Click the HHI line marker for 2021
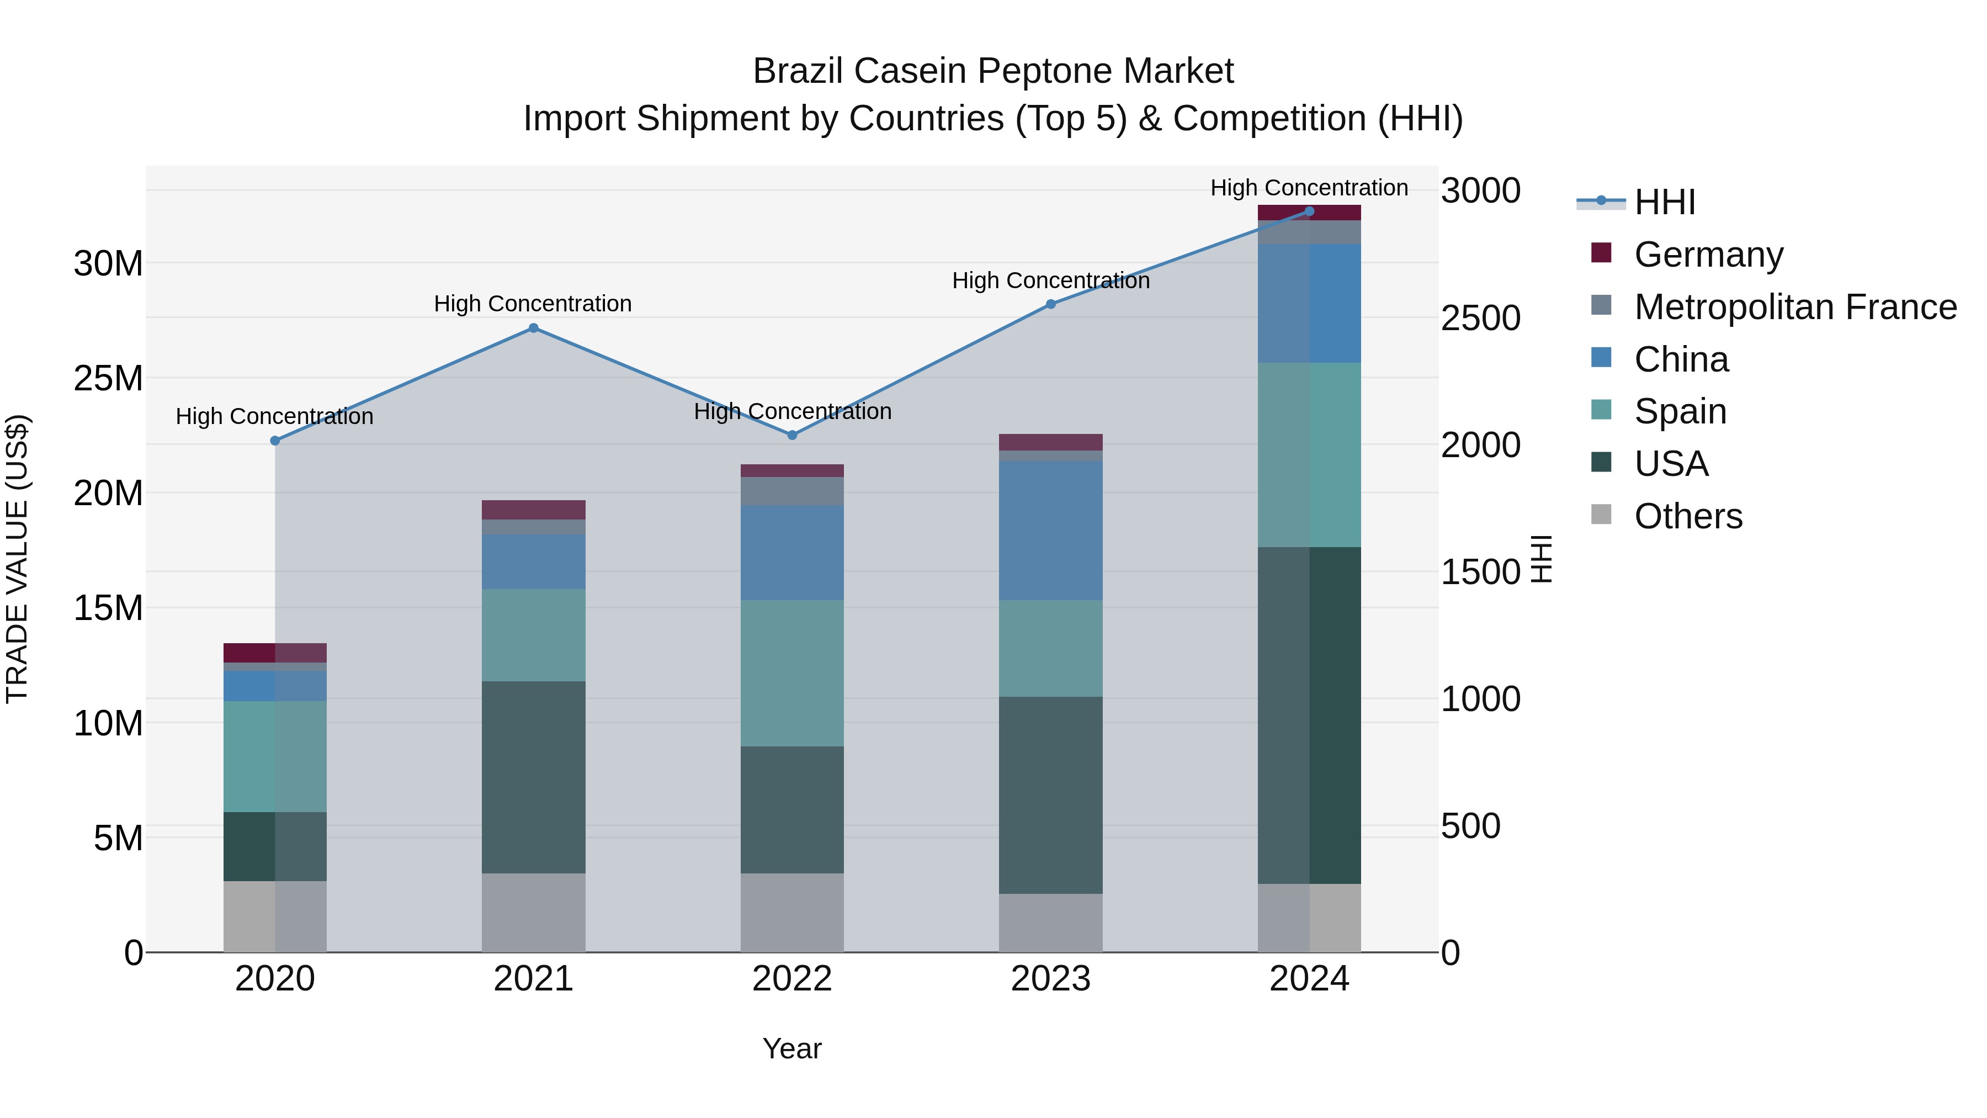click(x=533, y=328)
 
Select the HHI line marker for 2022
click(x=792, y=435)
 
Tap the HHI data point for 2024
click(x=1309, y=211)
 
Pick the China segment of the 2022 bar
click(x=792, y=553)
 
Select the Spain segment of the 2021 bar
click(x=533, y=635)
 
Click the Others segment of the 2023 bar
click(x=1050, y=923)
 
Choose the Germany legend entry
click(x=1708, y=255)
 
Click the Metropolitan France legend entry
click(x=1795, y=307)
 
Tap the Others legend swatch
click(x=1601, y=515)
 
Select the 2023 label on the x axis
click(x=1050, y=979)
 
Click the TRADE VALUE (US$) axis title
click(x=17, y=559)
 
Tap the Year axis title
click(x=792, y=1048)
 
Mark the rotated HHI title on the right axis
click(x=1540, y=559)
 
